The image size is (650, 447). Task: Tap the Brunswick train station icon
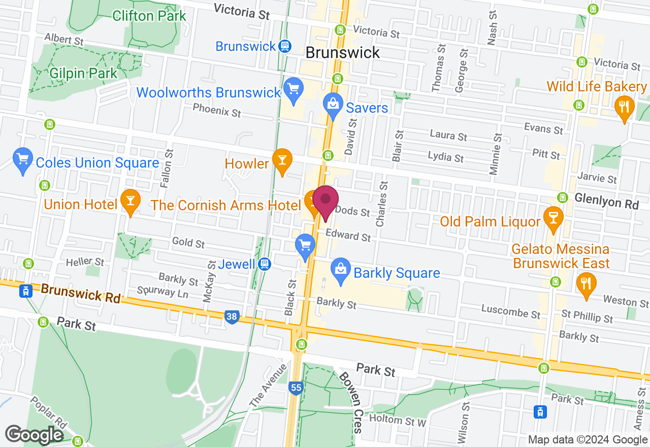(x=284, y=46)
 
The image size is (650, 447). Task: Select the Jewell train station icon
(x=264, y=264)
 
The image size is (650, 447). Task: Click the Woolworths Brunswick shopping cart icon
(x=293, y=89)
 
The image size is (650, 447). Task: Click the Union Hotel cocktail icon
(x=131, y=203)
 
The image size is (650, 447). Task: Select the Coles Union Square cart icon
(x=22, y=160)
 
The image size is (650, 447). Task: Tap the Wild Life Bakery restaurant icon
(x=624, y=108)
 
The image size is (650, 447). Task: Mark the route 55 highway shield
(x=297, y=388)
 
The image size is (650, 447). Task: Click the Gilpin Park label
(x=83, y=73)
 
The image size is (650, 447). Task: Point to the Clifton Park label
(x=149, y=15)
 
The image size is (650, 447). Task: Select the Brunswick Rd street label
(x=81, y=294)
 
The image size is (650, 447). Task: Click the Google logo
(x=34, y=435)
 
